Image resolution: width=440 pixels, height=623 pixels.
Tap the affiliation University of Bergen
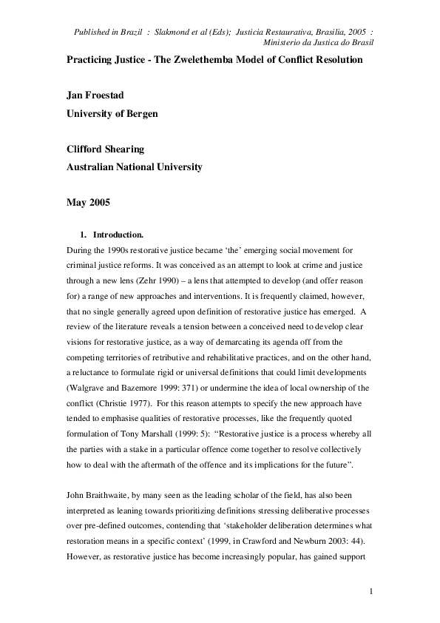coord(112,114)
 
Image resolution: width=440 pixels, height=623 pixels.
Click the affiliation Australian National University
coord(135,167)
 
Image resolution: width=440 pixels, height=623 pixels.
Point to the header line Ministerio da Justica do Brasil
coord(314,43)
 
